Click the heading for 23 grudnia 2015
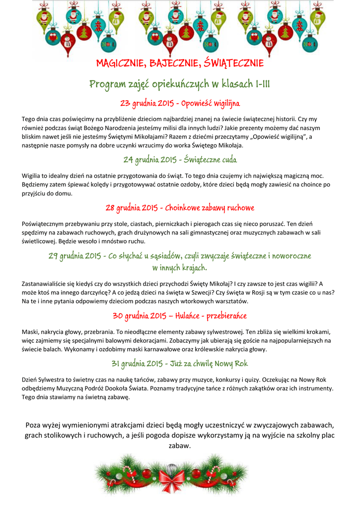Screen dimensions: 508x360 click(x=180, y=104)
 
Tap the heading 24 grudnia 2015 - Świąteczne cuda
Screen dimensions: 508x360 click(x=180, y=160)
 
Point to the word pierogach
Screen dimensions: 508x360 click(x=212, y=224)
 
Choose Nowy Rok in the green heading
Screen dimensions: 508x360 click(x=232, y=364)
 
